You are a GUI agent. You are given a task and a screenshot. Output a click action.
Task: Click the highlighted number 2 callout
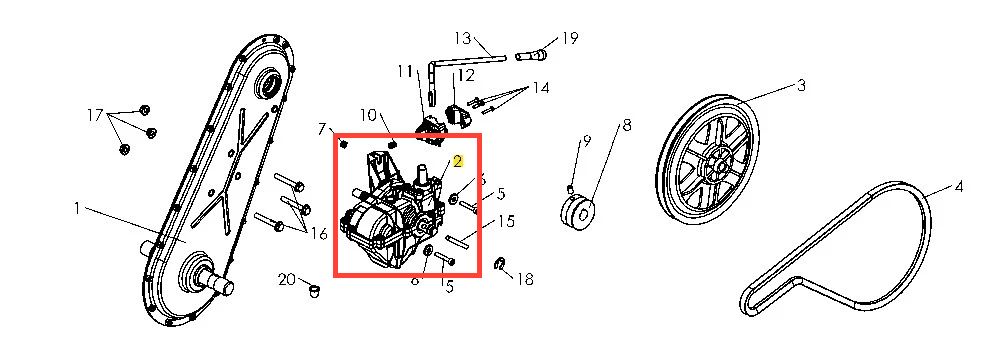pyautogui.click(x=457, y=161)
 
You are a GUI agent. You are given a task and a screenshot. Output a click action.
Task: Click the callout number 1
pyautogui.click(x=77, y=209)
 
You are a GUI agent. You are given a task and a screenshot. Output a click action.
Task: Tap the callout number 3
pyautogui.click(x=801, y=86)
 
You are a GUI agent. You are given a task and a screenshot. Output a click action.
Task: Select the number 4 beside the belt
pyautogui.click(x=958, y=187)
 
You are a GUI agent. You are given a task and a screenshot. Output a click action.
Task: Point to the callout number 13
pyautogui.click(x=462, y=38)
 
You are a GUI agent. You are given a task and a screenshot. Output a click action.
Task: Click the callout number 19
pyautogui.click(x=569, y=38)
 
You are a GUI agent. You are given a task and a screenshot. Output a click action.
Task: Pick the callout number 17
pyautogui.click(x=95, y=116)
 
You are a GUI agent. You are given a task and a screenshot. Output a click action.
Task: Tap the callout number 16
pyautogui.click(x=319, y=234)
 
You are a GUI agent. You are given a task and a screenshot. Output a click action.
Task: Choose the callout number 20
pyautogui.click(x=287, y=279)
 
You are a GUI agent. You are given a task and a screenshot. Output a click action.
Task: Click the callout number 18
pyautogui.click(x=525, y=279)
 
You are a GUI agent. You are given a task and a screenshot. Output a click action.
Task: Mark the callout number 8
pyautogui.click(x=626, y=125)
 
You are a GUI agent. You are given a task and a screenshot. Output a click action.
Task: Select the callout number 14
pyautogui.click(x=541, y=87)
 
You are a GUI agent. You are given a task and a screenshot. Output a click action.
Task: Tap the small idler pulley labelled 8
pyautogui.click(x=577, y=213)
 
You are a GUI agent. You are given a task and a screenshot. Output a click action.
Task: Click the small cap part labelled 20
pyautogui.click(x=313, y=292)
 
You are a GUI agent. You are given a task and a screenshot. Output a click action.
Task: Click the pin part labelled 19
pyautogui.click(x=530, y=56)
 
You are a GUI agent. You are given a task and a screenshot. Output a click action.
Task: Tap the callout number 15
pyautogui.click(x=506, y=221)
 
